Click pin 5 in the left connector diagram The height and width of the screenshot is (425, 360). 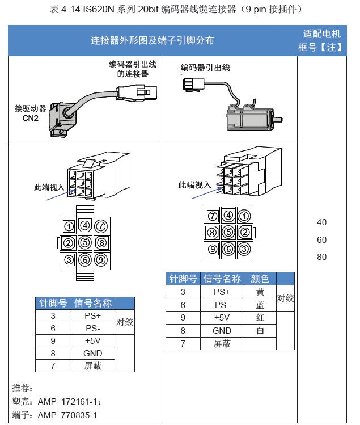[85, 243]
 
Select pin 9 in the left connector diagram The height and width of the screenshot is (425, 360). [101, 260]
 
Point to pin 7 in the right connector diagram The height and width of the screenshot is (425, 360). [213, 216]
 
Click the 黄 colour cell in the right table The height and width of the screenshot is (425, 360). [260, 292]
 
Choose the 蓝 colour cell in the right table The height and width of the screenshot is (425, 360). [260, 305]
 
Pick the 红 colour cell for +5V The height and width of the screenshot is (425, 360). [260, 318]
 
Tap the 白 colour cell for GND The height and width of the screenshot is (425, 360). [260, 330]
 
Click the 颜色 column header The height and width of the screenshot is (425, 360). [260, 279]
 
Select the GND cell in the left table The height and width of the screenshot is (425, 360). [92, 353]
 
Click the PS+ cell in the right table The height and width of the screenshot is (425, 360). [222, 292]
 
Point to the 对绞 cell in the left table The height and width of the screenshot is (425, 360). [125, 322]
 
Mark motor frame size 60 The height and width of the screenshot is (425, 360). [322, 239]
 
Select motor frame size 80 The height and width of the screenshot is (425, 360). [322, 257]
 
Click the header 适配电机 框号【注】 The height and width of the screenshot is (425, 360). [322, 40]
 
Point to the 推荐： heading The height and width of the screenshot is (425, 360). [23, 389]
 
